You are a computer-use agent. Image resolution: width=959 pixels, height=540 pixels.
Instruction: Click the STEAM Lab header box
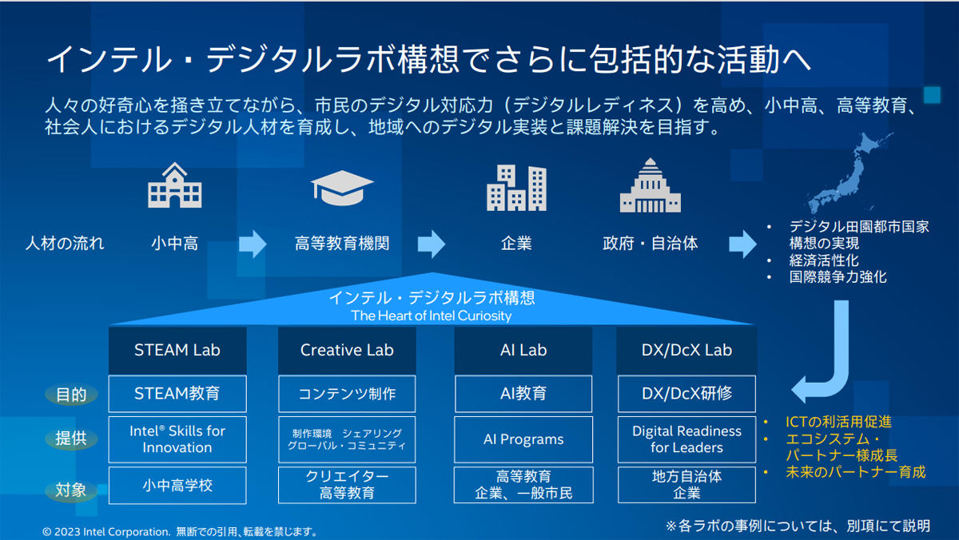[x=177, y=351]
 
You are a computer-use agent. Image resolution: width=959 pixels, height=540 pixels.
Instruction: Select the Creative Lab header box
[x=347, y=351]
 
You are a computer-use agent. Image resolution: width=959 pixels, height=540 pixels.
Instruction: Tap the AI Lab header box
[x=523, y=351]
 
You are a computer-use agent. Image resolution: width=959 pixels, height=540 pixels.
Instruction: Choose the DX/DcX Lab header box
[x=686, y=351]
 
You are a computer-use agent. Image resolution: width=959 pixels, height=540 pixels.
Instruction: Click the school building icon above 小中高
[x=175, y=185]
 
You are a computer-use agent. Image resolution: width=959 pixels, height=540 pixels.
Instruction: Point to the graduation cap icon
[x=342, y=188]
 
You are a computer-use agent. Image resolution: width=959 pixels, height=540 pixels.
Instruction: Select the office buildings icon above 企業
[x=516, y=188]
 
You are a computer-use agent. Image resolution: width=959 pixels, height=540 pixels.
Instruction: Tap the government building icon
[x=650, y=185]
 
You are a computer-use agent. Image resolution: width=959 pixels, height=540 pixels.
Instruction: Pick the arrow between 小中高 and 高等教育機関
[x=253, y=244]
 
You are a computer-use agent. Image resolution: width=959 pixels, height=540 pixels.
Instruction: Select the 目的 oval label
[x=71, y=395]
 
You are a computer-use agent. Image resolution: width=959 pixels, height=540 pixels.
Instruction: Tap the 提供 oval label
[x=71, y=439]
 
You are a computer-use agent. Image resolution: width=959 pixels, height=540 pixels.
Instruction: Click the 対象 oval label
[x=71, y=490]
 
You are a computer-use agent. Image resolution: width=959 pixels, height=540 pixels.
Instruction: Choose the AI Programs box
[x=523, y=439]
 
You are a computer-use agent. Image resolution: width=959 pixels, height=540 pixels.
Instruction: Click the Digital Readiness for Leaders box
[x=686, y=439]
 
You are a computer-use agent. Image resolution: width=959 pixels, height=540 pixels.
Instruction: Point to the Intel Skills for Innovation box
[x=177, y=439]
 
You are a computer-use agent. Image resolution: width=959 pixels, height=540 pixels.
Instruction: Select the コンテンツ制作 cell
[x=347, y=394]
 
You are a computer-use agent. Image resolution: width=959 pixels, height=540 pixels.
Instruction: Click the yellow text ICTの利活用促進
[x=838, y=422]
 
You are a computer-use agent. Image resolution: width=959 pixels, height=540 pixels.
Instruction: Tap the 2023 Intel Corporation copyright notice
[x=180, y=532]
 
